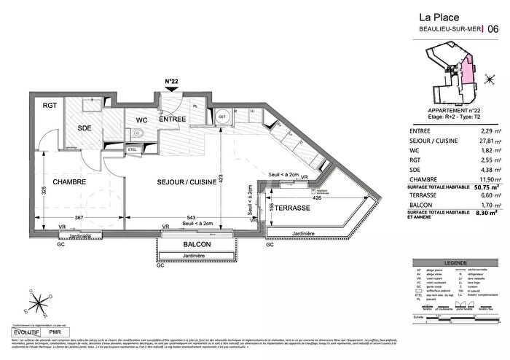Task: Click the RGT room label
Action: coord(50,106)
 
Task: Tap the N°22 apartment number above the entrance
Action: coord(172,81)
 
